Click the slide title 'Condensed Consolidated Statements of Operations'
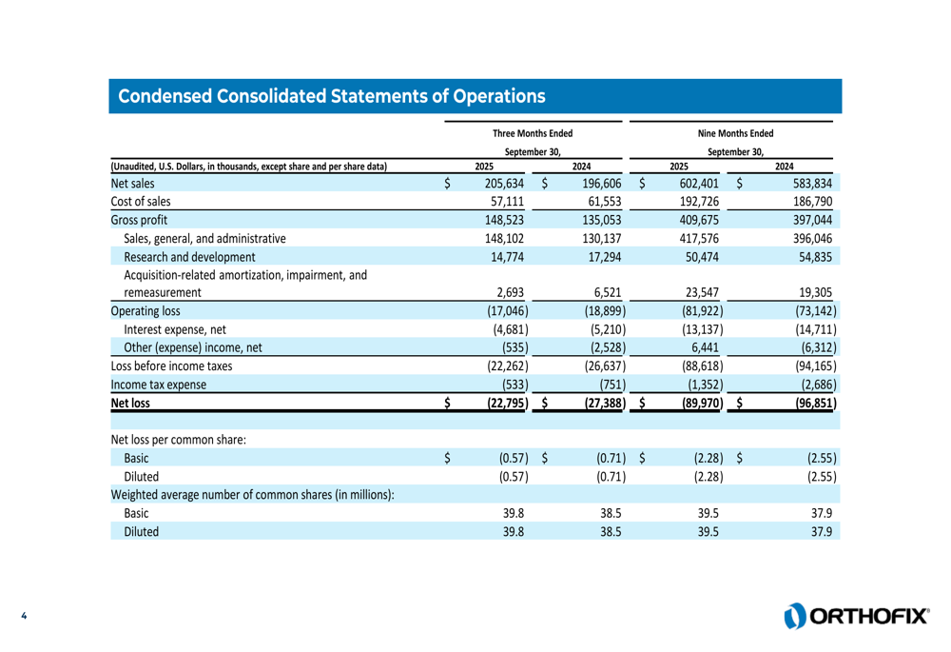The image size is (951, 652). tap(331, 96)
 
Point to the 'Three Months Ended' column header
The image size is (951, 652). tap(533, 132)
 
